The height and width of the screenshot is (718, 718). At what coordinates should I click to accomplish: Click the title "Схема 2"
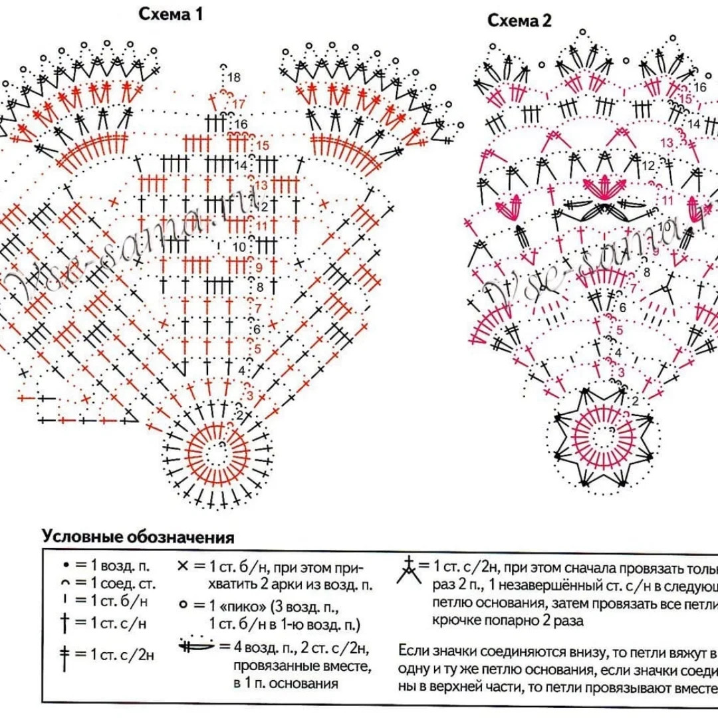click(x=519, y=21)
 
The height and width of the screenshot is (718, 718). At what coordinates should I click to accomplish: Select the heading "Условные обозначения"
click(x=138, y=537)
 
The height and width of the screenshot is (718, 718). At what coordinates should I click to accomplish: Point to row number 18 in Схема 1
click(x=233, y=78)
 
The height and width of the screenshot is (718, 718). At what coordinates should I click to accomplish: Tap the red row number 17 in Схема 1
click(x=239, y=104)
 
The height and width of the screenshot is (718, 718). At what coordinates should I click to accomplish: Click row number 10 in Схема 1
click(x=239, y=247)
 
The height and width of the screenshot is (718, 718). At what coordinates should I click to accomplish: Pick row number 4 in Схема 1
click(x=241, y=370)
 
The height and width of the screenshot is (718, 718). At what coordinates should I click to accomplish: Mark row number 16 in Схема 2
click(x=699, y=87)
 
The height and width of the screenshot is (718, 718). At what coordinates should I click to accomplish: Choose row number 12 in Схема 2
click(x=648, y=165)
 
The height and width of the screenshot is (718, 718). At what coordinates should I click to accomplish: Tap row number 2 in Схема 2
click(x=634, y=400)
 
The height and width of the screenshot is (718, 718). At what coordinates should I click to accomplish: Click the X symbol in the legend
click(x=183, y=566)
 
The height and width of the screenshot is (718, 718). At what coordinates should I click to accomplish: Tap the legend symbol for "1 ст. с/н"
click(x=64, y=623)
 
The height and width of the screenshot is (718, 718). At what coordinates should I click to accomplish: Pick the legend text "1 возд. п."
click(x=120, y=566)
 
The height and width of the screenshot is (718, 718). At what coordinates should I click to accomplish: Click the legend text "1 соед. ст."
click(x=123, y=585)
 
